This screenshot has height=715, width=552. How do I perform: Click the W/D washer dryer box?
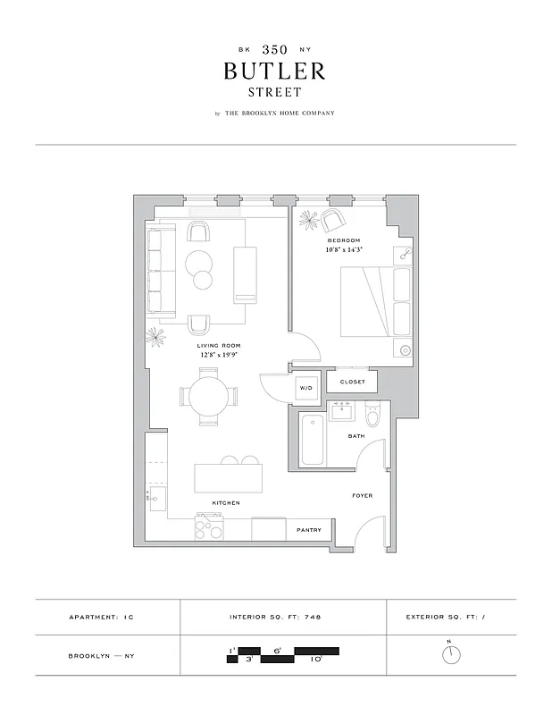pos(306,389)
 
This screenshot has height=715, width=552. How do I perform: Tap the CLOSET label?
pos(352,382)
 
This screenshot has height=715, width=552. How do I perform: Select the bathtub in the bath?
pos(312,441)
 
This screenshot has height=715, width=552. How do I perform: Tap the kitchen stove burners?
pos(209,529)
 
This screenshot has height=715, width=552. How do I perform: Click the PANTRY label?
pos(308,531)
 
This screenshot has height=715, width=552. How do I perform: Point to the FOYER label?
pos(362,495)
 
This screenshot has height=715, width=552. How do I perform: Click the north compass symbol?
pos(452,655)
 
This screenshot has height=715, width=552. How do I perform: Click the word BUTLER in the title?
pos(275,71)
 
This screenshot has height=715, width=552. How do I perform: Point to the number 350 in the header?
pos(275,49)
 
